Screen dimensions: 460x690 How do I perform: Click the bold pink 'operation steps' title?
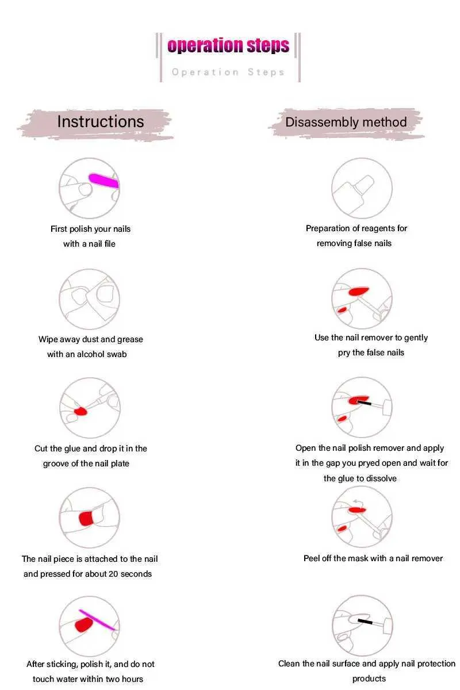pos(228,45)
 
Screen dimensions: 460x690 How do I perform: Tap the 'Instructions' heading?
pos(101,121)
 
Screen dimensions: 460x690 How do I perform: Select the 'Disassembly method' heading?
pos(346,122)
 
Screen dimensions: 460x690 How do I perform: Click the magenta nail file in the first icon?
pos(104,181)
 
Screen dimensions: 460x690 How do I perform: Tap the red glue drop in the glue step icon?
pos(80,411)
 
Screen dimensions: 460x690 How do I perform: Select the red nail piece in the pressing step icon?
pos(86,519)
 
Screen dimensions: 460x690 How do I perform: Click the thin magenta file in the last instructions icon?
pos(97,619)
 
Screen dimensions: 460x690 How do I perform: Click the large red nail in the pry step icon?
pos(359,291)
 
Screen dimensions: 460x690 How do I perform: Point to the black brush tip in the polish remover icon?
pos(364,402)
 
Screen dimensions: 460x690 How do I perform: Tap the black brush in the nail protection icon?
pos(365,621)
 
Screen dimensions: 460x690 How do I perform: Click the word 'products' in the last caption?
pos(369,678)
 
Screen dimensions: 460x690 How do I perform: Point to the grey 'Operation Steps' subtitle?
pos(228,72)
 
